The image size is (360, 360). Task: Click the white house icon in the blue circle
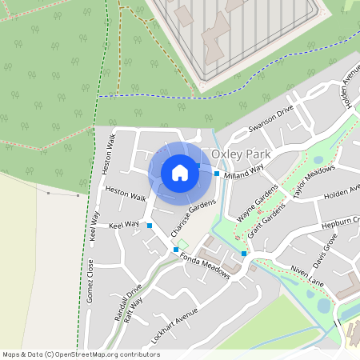180,173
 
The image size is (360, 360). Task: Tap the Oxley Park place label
241,154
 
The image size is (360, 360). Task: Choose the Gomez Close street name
90,280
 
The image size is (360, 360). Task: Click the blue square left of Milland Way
217,174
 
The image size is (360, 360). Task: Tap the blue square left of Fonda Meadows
176,250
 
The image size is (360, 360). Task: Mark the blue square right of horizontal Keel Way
149,226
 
